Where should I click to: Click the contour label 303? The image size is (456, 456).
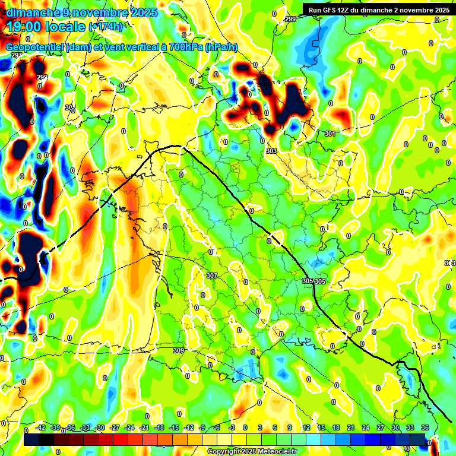pyautogui.click(x=271, y=151)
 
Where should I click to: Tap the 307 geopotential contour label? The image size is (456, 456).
pyautogui.click(x=212, y=276)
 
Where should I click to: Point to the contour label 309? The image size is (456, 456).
pyautogui.click(x=178, y=351)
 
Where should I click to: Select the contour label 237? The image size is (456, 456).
pyautogui.click(x=16, y=55)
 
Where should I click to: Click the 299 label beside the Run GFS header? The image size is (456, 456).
pyautogui.click(x=290, y=20)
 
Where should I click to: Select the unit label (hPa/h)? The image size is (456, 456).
pyautogui.click(x=221, y=47)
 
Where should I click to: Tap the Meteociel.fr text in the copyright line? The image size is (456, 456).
pyautogui.click(x=273, y=452)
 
